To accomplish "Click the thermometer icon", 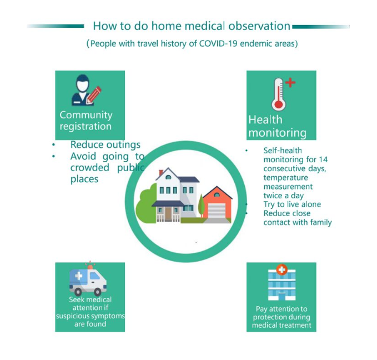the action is tap(279, 94).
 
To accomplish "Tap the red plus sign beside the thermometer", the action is tap(290, 83).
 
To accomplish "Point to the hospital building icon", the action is tap(282, 284).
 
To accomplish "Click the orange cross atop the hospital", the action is tap(282, 269).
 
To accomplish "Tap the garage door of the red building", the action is tap(217, 211).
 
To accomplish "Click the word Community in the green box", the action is tap(86, 115).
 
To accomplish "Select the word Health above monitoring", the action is tap(265, 119).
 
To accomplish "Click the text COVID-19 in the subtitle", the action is tap(218, 43).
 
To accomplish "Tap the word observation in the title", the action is tap(259, 26).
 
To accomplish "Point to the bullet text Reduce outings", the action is tap(105, 144).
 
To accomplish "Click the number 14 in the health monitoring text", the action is tap(323, 159).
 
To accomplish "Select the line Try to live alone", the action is tap(292, 204).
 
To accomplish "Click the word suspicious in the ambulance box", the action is tap(72, 316).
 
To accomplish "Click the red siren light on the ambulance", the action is tap(90, 266).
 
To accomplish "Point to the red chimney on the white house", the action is tap(161, 173).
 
